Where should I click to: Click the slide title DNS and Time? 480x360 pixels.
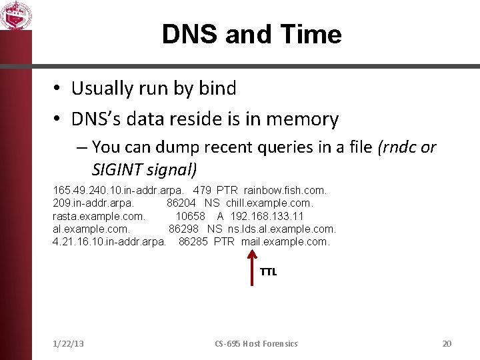pyautogui.click(x=251, y=35)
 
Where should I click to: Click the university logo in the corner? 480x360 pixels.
pyautogui.click(x=15, y=15)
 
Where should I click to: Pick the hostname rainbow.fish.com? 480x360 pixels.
pyautogui.click(x=285, y=191)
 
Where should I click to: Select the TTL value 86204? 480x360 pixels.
pyautogui.click(x=181, y=203)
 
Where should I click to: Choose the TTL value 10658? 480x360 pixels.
pyautogui.click(x=190, y=216)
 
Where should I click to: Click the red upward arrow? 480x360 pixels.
pyautogui.click(x=251, y=267)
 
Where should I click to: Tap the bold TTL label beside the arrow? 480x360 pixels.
pyautogui.click(x=268, y=271)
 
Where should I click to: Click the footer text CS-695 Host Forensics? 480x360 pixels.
pyautogui.click(x=256, y=343)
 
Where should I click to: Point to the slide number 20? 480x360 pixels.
pyautogui.click(x=447, y=343)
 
